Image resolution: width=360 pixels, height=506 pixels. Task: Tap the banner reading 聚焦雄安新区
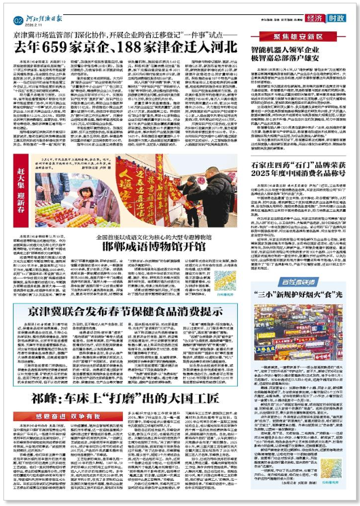point(293,35)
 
